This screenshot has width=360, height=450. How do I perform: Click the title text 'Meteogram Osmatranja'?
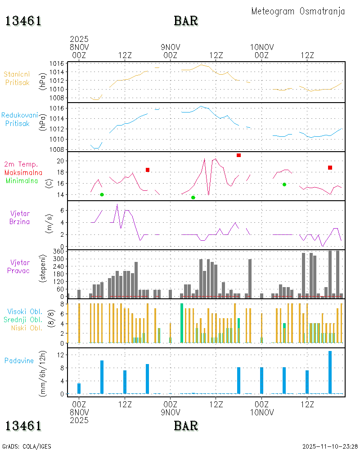[x=298, y=11]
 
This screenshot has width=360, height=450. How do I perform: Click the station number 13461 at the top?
[x=23, y=21]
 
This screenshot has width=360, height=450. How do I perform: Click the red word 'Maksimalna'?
[x=23, y=172]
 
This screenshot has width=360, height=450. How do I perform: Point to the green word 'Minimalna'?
[x=22, y=180]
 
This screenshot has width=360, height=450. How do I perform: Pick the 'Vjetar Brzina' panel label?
[x=20, y=217]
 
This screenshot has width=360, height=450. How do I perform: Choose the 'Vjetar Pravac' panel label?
[x=20, y=266]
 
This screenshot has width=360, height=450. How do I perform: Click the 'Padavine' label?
[x=19, y=360]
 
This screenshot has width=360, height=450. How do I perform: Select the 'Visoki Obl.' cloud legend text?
[x=25, y=311]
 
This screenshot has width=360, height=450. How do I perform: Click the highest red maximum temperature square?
[x=238, y=155]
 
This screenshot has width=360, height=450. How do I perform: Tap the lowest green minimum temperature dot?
[x=193, y=198]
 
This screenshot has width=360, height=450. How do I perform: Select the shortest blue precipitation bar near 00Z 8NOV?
[x=79, y=388]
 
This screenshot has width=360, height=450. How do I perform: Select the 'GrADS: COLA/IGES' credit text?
[x=27, y=446]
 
